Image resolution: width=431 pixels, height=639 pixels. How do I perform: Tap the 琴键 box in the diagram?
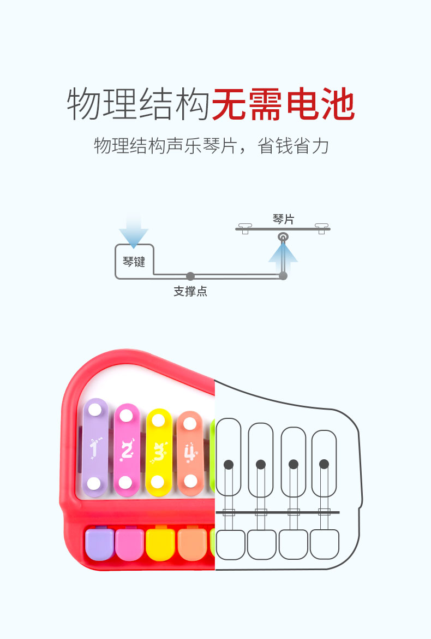[134, 262]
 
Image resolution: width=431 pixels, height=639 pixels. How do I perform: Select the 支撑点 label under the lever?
[190, 292]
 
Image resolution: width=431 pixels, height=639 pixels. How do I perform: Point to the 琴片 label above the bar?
[283, 220]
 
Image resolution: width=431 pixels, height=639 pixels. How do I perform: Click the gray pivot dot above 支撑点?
[190, 276]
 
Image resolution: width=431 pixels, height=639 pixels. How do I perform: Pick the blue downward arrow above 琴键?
[134, 231]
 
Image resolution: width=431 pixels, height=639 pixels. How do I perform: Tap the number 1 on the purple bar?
[95, 449]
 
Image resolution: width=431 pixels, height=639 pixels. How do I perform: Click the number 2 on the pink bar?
[127, 450]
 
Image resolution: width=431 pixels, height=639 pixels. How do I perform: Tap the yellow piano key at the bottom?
[160, 543]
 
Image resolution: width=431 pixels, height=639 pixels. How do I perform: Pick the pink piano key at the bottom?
[130, 543]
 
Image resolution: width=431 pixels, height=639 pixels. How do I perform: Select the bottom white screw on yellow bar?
[158, 482]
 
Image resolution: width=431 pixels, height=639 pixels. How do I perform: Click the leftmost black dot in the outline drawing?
[229, 465]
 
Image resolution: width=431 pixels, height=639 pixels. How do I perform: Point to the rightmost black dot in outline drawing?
[324, 464]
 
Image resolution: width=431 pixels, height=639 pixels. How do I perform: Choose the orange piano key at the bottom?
[192, 543]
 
